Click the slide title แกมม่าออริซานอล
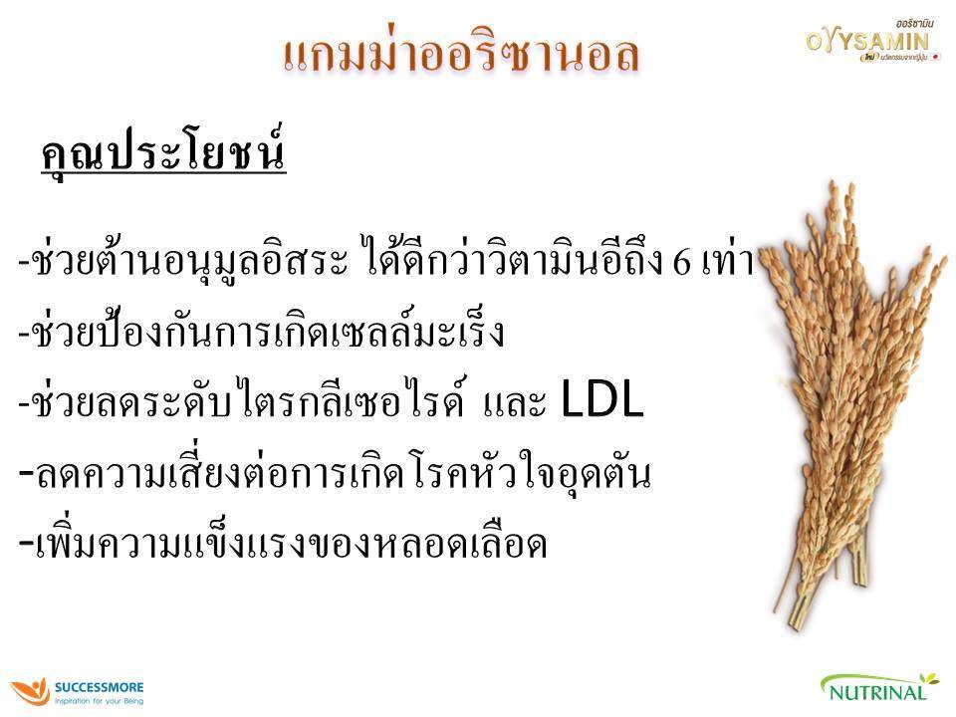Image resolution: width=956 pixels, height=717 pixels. click(x=460, y=55)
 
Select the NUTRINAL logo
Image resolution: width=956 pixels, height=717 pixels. click(x=879, y=688)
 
